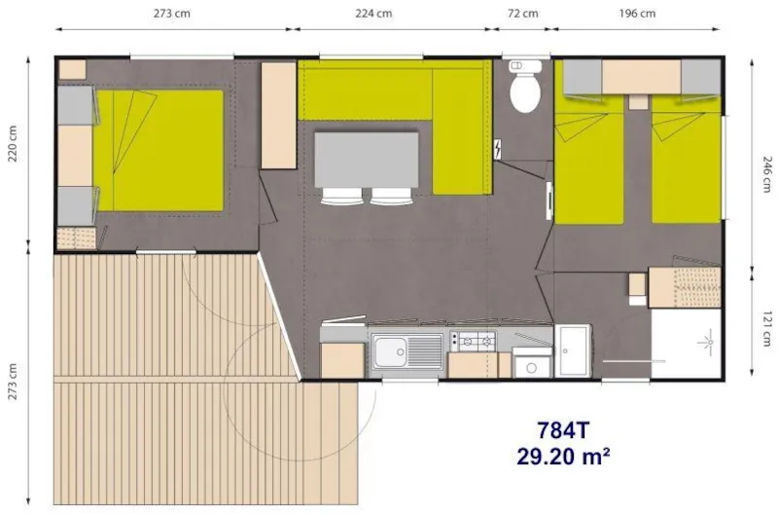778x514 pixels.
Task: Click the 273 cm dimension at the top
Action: pos(171,13)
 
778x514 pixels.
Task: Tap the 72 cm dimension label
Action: pos(522,13)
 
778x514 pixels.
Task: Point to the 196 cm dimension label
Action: pos(637,13)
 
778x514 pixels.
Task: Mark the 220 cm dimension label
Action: pos(13,145)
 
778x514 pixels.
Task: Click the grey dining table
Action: pos(366,158)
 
